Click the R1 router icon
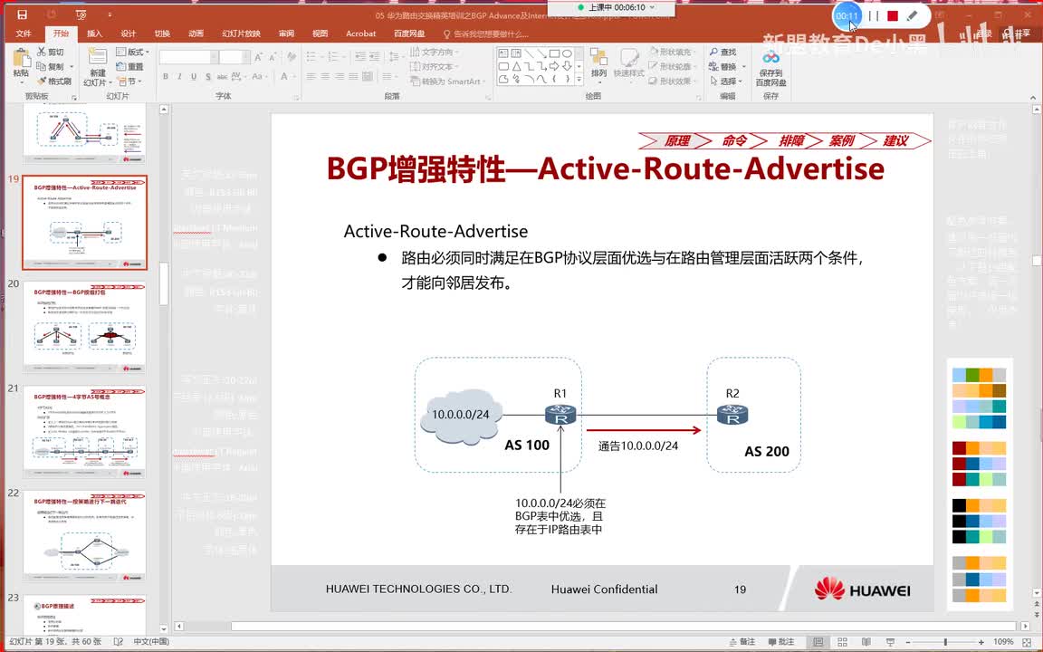(x=561, y=416)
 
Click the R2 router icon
(x=732, y=416)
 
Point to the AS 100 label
(x=527, y=445)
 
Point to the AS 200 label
(x=767, y=451)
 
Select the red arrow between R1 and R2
(x=643, y=430)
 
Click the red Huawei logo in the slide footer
(x=828, y=589)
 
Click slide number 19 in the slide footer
(x=740, y=590)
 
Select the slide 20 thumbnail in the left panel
(x=84, y=326)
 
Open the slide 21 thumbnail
(x=84, y=431)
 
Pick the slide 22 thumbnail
(x=84, y=535)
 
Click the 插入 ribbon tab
(x=94, y=34)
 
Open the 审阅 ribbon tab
(x=286, y=34)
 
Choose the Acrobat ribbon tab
(x=360, y=34)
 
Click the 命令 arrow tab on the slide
(x=734, y=140)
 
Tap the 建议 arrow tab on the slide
(x=895, y=140)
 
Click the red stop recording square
(x=892, y=16)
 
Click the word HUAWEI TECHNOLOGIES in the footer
(x=418, y=590)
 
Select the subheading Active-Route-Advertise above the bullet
(x=435, y=232)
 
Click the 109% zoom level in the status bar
(x=1002, y=641)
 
